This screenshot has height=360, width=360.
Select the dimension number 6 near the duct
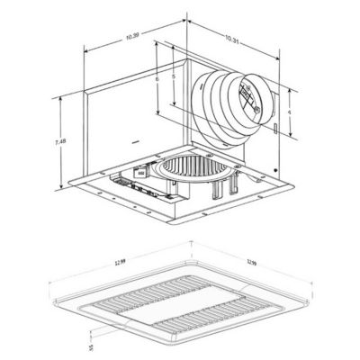click(157, 80)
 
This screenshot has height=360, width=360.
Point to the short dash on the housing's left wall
click(133, 141)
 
